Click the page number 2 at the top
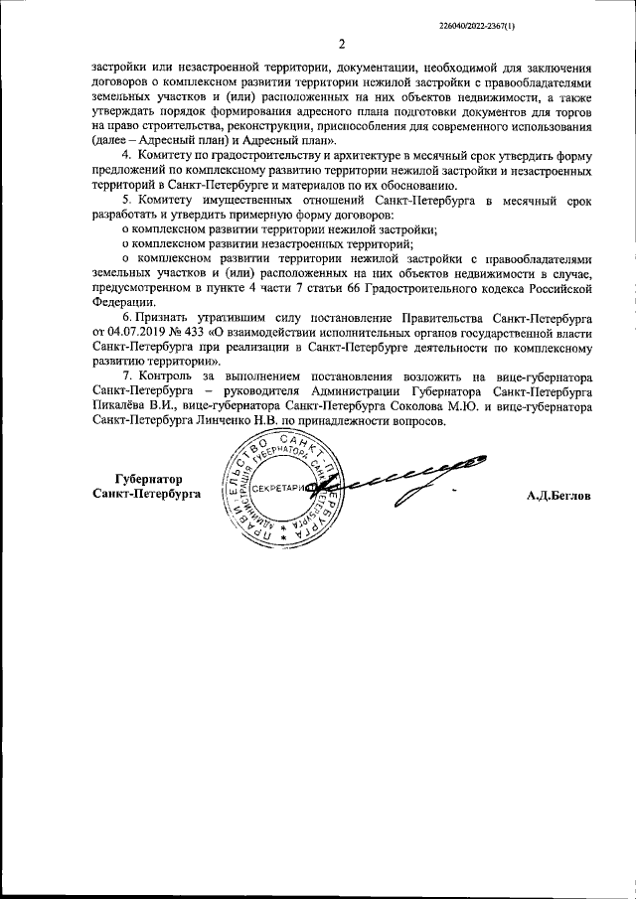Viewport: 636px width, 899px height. tap(341, 44)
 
